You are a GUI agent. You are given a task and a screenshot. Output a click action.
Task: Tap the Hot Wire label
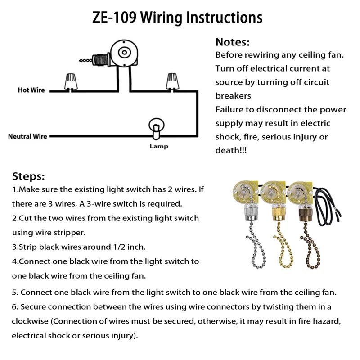point(31,90)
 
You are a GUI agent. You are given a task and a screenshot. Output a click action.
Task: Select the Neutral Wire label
point(27,136)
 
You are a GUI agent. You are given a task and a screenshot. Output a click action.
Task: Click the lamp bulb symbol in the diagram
point(155,127)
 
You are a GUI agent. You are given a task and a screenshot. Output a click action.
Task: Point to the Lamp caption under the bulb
point(159,147)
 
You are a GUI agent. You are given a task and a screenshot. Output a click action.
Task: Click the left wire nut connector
point(70,81)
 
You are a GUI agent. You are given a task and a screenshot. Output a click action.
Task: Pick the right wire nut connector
point(171,81)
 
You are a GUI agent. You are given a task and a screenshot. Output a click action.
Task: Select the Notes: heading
point(232,43)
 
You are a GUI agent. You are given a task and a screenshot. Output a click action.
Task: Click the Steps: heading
point(28,176)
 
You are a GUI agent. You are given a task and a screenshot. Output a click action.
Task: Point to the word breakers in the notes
point(233,96)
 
